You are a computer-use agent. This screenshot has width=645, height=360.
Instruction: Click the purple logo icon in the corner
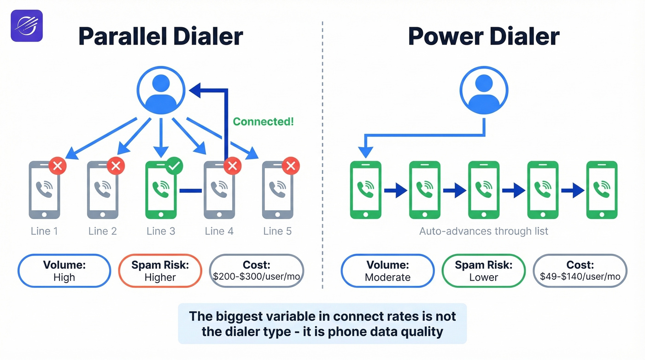[x=26, y=26]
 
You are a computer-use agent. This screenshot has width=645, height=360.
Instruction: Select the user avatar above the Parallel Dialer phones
[x=161, y=90]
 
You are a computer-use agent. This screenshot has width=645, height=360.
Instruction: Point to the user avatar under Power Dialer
[x=484, y=90]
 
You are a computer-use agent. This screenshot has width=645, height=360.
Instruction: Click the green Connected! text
[x=263, y=122]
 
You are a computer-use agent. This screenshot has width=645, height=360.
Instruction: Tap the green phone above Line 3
[x=161, y=190]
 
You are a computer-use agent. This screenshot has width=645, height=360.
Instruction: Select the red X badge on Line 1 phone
[x=58, y=166]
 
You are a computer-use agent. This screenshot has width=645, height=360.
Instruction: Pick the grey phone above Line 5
[x=277, y=190]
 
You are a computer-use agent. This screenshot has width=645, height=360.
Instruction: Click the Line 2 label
[x=103, y=231]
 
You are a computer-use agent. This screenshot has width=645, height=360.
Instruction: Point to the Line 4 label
[x=219, y=231]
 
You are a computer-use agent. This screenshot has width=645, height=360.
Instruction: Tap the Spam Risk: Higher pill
[x=160, y=271]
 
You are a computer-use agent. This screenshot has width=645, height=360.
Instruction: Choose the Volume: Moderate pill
[x=387, y=271]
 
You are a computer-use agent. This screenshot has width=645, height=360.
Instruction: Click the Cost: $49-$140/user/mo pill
[x=580, y=271]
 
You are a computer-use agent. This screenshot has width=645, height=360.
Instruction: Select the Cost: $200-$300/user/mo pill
[x=257, y=271]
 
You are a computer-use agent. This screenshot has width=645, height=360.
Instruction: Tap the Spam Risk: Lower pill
[x=483, y=271]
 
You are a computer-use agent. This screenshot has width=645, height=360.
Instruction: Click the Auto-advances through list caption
[x=484, y=231]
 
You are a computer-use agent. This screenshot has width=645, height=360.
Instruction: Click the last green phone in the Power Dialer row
[x=601, y=190]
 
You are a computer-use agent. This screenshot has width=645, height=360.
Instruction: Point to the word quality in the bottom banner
[x=420, y=331]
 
